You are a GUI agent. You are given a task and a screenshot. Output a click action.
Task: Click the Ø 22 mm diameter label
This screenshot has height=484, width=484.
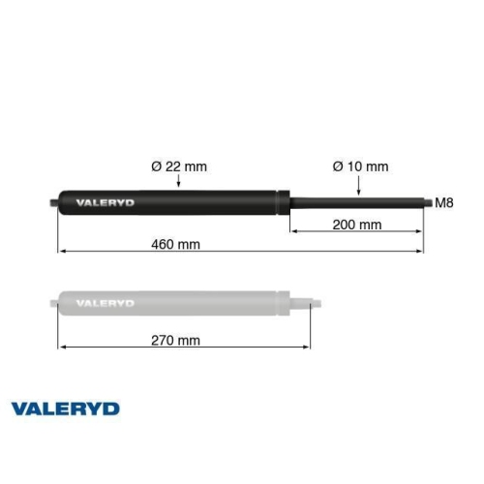[179, 166]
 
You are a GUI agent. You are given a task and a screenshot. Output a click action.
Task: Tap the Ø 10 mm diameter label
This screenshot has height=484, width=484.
[360, 166]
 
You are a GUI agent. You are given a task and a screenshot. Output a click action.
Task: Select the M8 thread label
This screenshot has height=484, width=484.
[444, 203]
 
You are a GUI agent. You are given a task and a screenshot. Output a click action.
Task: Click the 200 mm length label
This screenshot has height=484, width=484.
[357, 225]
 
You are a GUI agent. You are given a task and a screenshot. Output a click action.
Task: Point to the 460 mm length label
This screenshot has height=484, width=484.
[176, 243]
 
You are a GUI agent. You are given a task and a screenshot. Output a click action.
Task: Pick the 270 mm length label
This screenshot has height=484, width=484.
[176, 340]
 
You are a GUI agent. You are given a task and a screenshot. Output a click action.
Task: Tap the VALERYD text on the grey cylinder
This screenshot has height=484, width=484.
[106, 303]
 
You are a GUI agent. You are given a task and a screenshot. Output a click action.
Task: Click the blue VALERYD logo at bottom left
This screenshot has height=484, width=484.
[65, 408]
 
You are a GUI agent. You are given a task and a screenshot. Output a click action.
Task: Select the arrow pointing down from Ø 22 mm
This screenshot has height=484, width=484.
[179, 183]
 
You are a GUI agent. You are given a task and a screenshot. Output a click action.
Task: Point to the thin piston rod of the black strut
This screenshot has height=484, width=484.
[358, 202]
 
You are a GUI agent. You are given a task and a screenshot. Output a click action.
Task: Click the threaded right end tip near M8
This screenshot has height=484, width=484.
[427, 202]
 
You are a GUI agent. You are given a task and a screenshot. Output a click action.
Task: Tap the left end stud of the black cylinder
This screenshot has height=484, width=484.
[52, 202]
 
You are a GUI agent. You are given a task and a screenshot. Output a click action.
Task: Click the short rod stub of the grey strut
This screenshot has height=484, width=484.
[304, 302]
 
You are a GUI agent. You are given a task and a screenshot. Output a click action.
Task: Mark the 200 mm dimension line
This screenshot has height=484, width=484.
[357, 232]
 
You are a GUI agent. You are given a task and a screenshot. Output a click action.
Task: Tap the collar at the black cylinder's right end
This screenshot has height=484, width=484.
[284, 202]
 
